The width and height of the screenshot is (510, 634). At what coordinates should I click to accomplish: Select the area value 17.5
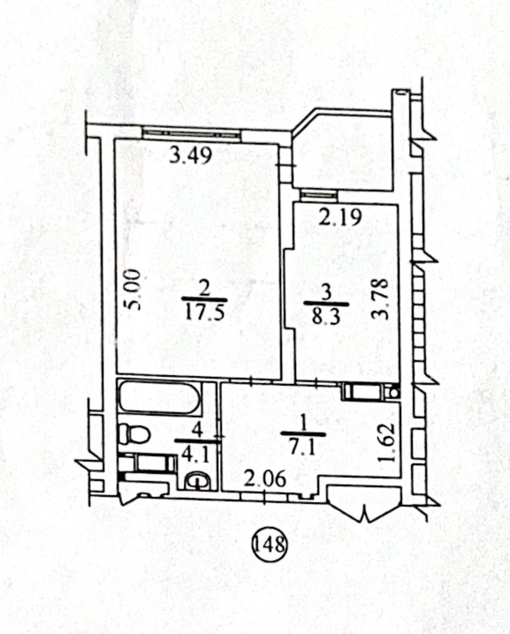click(x=205, y=314)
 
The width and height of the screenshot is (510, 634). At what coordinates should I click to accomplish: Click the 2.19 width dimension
click(x=341, y=218)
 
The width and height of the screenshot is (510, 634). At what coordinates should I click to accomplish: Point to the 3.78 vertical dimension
click(x=379, y=299)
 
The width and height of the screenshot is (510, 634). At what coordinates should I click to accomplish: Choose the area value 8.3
click(x=326, y=318)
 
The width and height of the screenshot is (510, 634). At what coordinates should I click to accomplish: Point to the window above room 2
click(x=191, y=134)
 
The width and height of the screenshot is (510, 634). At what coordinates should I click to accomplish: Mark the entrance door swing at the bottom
click(x=365, y=505)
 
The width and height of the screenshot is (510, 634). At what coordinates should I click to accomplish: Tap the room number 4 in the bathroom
click(x=197, y=431)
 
